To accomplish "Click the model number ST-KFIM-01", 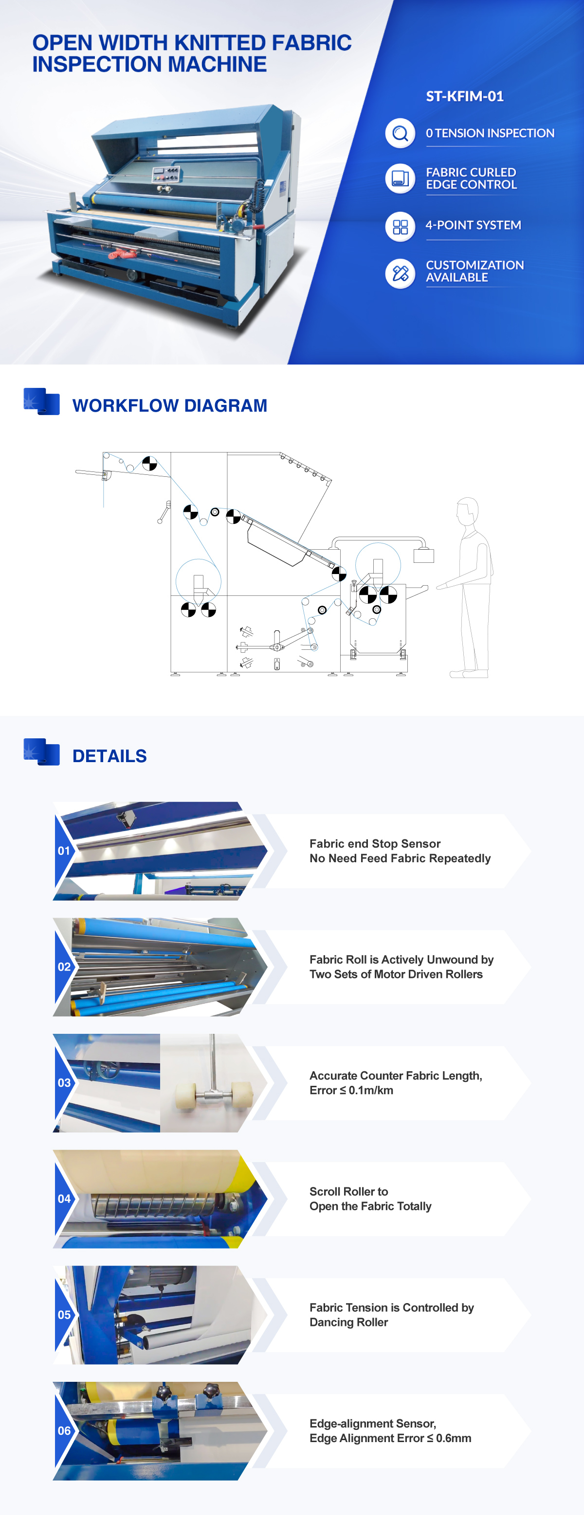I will click(464, 96).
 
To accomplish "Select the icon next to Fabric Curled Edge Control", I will click(401, 179).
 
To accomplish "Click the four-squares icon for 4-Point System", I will click(401, 227).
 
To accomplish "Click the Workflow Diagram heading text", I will click(169, 406).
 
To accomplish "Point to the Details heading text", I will click(109, 756).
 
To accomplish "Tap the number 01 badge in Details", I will click(64, 851).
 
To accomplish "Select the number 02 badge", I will click(64, 967).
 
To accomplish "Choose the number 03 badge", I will click(64, 1083).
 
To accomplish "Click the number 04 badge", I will click(64, 1199).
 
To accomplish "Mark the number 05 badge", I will click(64, 1314).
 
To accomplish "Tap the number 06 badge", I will click(64, 1430).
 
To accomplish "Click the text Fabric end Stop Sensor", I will click(375, 844).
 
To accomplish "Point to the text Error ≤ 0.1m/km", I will click(351, 1090).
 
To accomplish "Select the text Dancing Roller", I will click(348, 1322).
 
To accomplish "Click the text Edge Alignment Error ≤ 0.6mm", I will click(390, 1438).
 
